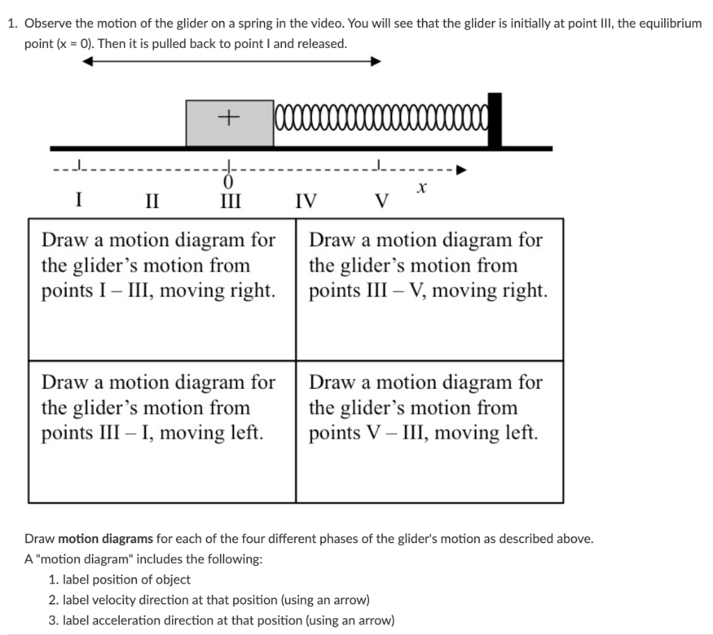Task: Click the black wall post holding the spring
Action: click(x=494, y=120)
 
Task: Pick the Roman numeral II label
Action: click(x=152, y=202)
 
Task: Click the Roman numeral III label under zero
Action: click(x=229, y=202)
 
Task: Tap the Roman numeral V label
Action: click(x=380, y=202)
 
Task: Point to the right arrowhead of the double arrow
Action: click(x=376, y=61)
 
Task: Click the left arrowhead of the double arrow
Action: click(x=88, y=61)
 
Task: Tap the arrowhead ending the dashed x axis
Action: click(x=461, y=169)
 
